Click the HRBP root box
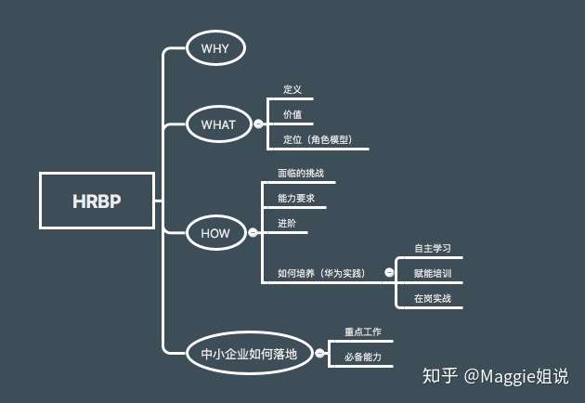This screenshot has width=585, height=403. (x=97, y=201)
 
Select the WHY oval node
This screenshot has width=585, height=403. (x=214, y=47)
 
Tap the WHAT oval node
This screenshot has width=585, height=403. (x=218, y=124)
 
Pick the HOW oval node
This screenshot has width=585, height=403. (x=215, y=233)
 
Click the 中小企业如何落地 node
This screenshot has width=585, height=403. (x=249, y=353)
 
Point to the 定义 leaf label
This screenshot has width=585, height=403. (x=292, y=91)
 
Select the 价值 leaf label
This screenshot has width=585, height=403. (x=292, y=115)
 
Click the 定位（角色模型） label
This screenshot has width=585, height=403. (x=324, y=139)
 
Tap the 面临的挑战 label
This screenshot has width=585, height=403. (x=300, y=174)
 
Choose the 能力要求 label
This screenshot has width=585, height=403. (x=296, y=199)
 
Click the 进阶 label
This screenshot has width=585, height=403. (x=287, y=223)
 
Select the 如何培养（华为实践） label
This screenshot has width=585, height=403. (x=321, y=273)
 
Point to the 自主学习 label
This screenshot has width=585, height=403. (x=433, y=248)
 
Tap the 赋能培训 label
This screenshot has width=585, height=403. (x=433, y=273)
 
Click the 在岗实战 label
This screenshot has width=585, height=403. (x=433, y=298)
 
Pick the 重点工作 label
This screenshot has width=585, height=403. (x=363, y=331)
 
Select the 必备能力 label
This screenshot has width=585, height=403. (x=363, y=357)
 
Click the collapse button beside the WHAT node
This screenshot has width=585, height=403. (x=258, y=124)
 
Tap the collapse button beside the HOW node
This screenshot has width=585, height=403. (x=251, y=233)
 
